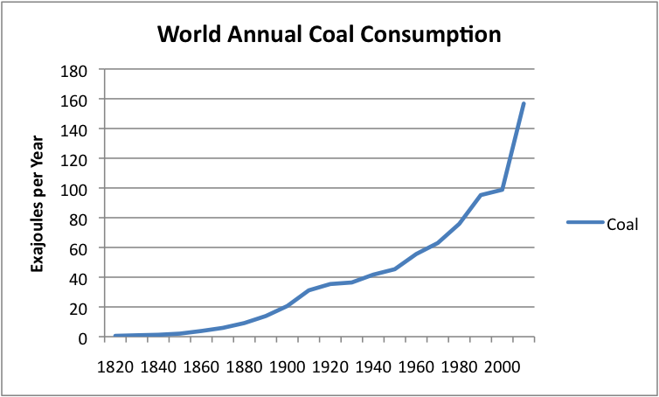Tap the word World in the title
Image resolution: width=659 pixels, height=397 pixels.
(x=191, y=36)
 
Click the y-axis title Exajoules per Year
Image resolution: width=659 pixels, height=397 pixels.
(x=38, y=203)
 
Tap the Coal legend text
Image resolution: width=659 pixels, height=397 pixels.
(x=623, y=222)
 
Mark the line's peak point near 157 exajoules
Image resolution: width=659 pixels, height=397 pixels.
(x=524, y=104)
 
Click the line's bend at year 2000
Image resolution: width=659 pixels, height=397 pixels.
(x=503, y=190)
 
